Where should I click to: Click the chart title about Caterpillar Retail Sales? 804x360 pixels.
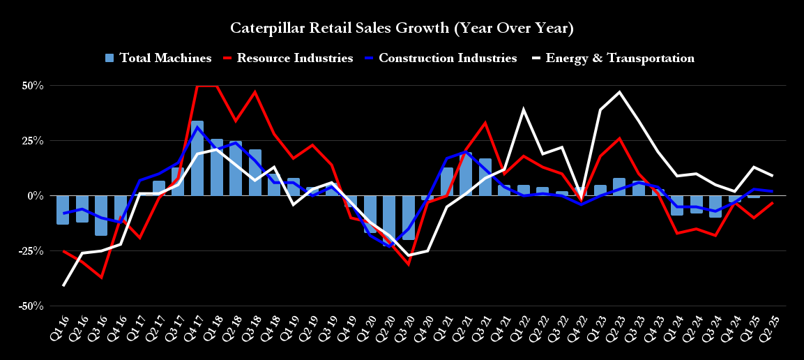click(x=402, y=29)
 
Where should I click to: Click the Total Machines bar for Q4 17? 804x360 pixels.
click(x=197, y=158)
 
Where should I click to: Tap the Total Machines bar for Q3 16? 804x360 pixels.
click(x=101, y=216)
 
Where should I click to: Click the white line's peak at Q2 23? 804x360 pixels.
click(x=619, y=92)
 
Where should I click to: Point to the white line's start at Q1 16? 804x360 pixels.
click(x=63, y=285)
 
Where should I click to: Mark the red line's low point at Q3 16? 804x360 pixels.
click(x=102, y=278)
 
